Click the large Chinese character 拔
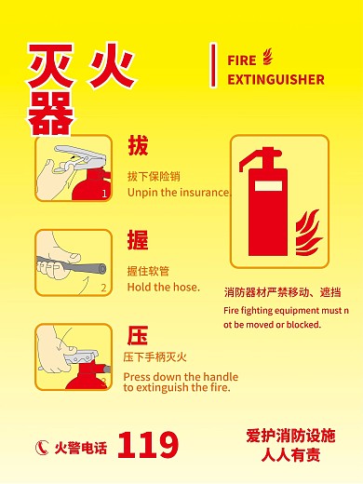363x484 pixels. (x=138, y=146)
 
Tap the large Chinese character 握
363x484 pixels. (x=138, y=240)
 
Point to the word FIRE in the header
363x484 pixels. (x=242, y=60)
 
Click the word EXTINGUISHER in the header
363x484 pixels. (x=276, y=79)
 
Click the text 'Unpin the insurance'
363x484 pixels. (x=178, y=193)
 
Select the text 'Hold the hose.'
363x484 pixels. (x=163, y=287)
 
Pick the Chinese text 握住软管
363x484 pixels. (x=148, y=271)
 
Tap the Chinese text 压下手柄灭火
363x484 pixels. (x=155, y=357)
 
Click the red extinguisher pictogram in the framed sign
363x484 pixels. (x=265, y=205)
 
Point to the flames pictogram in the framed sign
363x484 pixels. (x=306, y=234)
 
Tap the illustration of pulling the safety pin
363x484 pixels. (x=74, y=168)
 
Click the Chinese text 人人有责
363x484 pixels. (x=290, y=455)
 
